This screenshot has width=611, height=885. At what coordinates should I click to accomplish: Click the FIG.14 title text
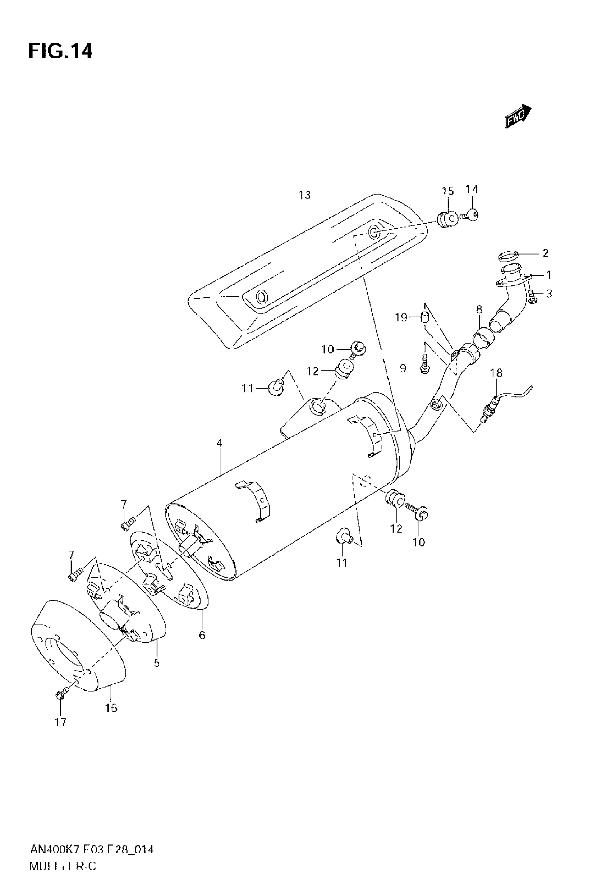[60, 51]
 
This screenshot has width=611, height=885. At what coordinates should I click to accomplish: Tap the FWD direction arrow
[518, 116]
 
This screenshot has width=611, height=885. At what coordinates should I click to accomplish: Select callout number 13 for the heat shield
[305, 195]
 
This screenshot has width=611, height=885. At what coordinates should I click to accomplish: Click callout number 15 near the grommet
[447, 191]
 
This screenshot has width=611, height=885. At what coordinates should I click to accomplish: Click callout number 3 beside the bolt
[549, 294]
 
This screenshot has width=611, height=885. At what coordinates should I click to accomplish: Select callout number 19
[401, 318]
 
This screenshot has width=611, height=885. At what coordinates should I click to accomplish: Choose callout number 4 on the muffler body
[219, 443]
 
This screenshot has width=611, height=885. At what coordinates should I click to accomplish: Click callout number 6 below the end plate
[202, 636]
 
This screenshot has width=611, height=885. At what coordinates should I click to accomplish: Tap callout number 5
[157, 663]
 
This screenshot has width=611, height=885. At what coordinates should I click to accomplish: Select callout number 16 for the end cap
[111, 708]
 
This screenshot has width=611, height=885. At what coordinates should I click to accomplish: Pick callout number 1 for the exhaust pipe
[549, 275]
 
